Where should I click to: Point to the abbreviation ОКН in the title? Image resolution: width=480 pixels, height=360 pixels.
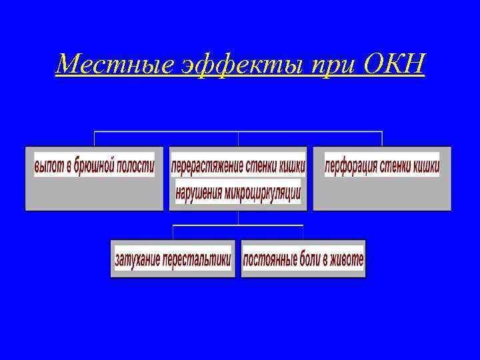pos(394,65)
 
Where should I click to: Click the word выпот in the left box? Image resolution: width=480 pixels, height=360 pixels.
pos(50,164)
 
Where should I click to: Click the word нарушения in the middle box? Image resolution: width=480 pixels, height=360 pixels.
pos(199,193)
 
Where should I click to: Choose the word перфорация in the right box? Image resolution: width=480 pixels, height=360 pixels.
pos(351,164)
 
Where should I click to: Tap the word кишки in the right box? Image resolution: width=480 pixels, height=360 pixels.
pos(427,164)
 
